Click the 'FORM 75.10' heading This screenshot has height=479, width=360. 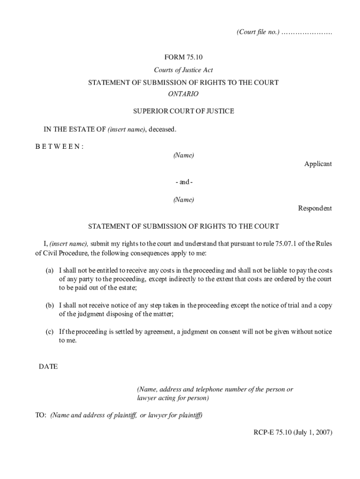tap(183, 58)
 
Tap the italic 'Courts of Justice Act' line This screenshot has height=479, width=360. tap(183, 70)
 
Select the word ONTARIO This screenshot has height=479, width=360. tap(183, 94)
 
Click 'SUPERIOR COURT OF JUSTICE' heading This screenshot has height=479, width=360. tap(183, 111)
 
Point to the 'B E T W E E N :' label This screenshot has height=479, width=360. tap(59, 146)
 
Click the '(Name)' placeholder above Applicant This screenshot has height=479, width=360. tap(183, 155)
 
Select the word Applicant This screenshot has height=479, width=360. tap(318, 164)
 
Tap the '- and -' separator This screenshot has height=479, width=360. tap(183, 182)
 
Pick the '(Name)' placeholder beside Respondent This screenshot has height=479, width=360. tap(183, 200)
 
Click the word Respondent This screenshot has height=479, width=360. tap(315, 209)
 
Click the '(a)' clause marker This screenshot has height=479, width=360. tap(49, 271)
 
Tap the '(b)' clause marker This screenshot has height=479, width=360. tap(49, 305)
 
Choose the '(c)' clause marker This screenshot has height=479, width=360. tap(49, 332)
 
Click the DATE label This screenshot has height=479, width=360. tap(48, 367)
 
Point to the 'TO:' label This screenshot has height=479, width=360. tap(41, 415)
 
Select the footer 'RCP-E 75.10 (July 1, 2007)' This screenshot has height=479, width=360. tap(290, 433)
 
